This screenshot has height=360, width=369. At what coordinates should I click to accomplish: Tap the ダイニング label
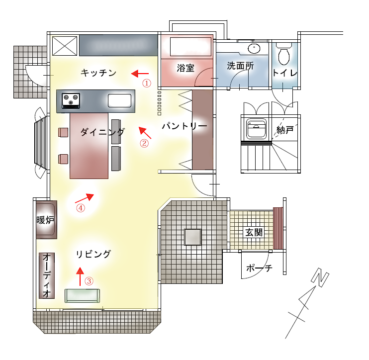click(102, 132)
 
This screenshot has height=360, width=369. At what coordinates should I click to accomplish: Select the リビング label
click(93, 254)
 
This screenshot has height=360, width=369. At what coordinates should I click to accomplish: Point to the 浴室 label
click(185, 69)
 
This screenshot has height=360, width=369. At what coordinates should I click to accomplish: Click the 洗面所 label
click(241, 66)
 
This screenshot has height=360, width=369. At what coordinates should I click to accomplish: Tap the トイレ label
click(285, 73)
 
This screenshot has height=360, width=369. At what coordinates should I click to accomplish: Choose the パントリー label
click(184, 126)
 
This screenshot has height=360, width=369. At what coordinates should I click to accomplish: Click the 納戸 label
click(285, 130)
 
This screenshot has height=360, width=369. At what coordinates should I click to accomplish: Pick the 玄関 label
click(253, 232)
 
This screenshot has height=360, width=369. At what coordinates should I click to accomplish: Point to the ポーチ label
click(259, 268)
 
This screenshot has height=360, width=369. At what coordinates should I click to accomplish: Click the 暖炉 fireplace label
click(45, 220)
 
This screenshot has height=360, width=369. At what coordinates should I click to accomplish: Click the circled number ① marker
click(147, 83)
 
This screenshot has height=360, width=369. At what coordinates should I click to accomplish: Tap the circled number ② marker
click(144, 144)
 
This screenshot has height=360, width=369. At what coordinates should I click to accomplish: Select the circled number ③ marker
click(89, 280)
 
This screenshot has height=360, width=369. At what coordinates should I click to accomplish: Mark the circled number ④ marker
click(81, 208)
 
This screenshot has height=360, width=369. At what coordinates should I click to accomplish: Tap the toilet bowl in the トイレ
click(284, 56)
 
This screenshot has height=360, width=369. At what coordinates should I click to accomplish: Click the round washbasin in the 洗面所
click(254, 49)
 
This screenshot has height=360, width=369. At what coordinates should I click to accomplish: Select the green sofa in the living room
click(83, 295)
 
